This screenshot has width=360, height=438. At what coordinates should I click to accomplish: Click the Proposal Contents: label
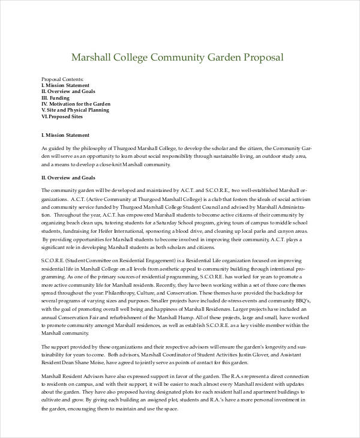tap(62, 79)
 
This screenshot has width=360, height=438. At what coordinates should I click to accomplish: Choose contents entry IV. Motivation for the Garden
tap(76, 104)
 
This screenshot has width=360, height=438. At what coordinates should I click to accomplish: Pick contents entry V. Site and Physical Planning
tap(75, 110)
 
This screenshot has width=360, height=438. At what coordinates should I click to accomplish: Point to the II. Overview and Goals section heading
tap(68, 178)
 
